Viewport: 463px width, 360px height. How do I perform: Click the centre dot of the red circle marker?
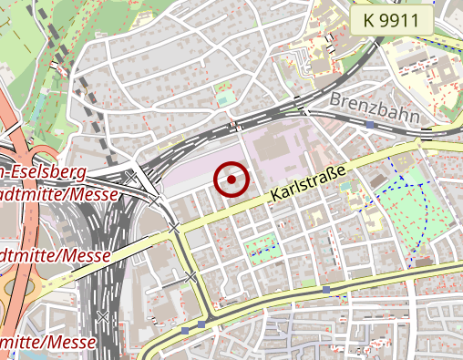(231, 180)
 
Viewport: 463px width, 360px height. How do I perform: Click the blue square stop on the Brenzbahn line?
(370, 124)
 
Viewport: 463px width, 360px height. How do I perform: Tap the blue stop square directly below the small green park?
(325, 290)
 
